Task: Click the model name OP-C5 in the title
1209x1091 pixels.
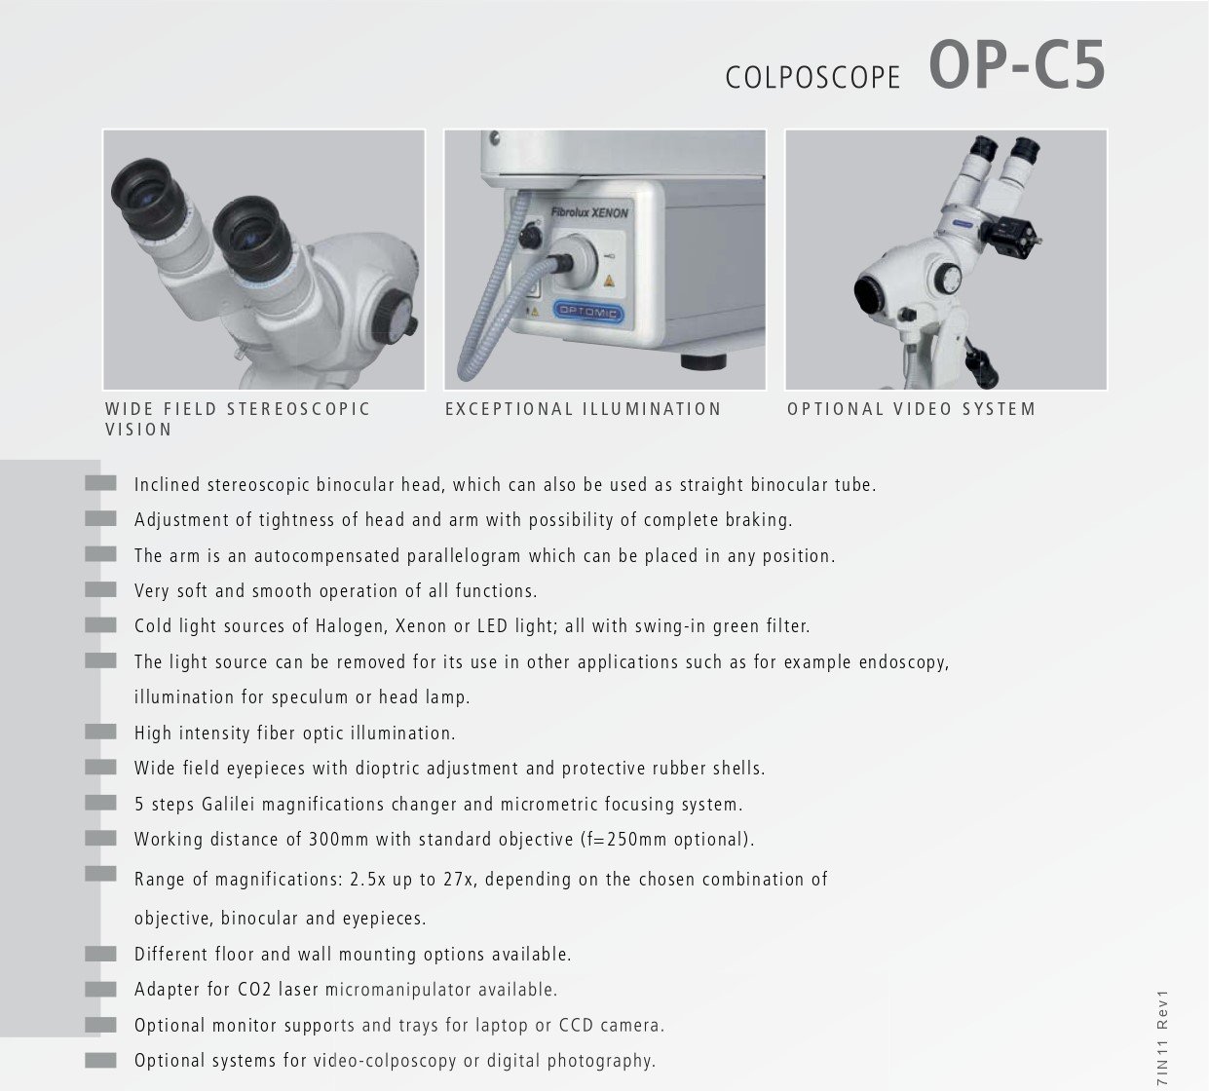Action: (x=1016, y=66)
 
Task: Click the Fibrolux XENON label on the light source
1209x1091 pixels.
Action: (x=589, y=211)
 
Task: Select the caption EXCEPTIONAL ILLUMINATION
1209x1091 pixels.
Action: (x=583, y=409)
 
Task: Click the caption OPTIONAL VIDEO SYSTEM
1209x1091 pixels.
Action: (x=911, y=409)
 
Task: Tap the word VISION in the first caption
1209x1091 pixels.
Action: (x=138, y=430)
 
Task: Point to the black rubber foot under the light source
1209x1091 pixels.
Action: (x=703, y=362)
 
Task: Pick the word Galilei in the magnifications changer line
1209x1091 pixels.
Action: (x=228, y=805)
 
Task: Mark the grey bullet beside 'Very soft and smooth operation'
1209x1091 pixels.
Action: (x=100, y=589)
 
